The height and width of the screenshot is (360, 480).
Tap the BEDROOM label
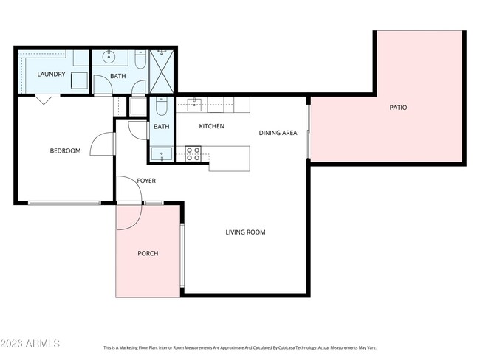(65, 151)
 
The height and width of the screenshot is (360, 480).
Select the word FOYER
(145, 181)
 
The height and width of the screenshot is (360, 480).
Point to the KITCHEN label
(211, 127)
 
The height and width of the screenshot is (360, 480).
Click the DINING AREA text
(278, 133)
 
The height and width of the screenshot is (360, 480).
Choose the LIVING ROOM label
(245, 232)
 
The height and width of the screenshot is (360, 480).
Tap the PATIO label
(398, 108)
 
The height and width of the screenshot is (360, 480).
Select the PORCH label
(148, 253)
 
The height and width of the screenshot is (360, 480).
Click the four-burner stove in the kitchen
(193, 154)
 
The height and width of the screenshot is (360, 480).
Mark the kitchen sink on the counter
(194, 104)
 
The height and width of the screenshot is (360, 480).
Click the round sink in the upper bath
(109, 57)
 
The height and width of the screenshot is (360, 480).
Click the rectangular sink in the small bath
(161, 153)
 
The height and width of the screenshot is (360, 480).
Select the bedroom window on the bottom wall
(64, 203)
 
